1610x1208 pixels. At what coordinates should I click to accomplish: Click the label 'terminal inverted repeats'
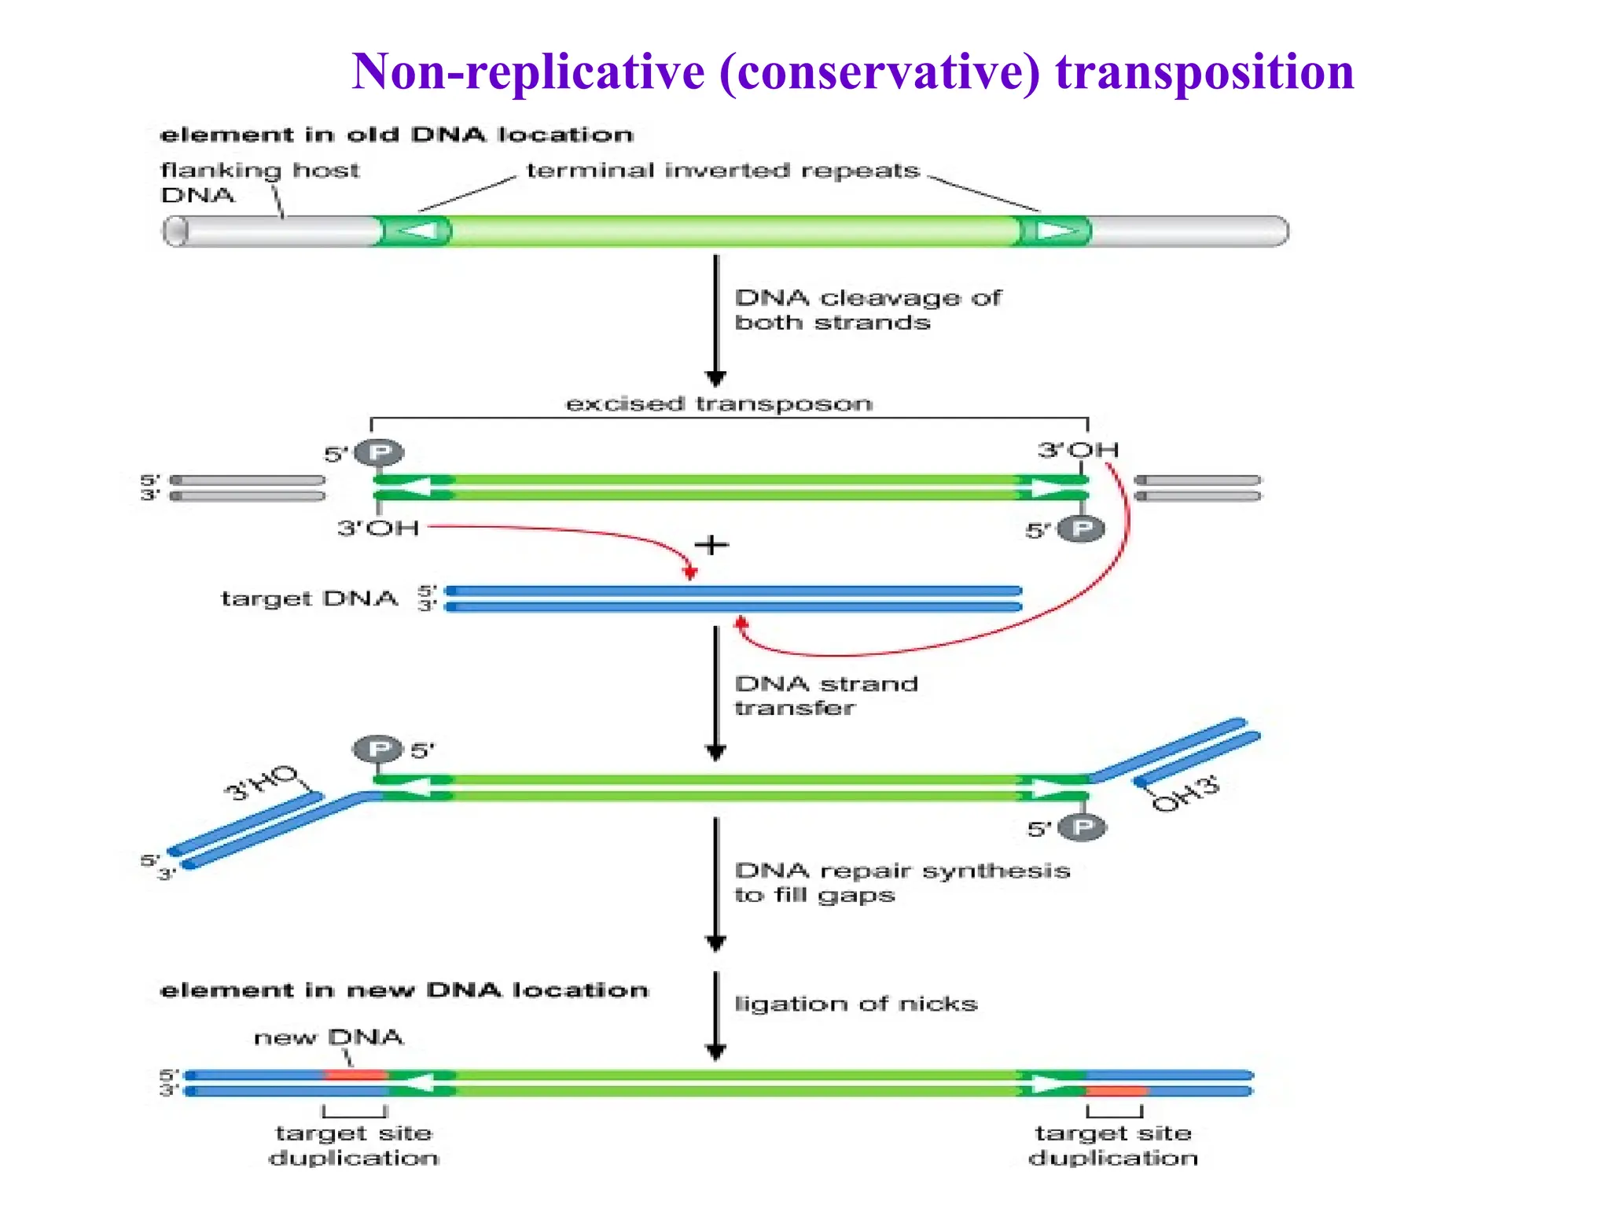(x=722, y=171)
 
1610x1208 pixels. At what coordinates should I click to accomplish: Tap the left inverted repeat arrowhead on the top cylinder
(x=417, y=231)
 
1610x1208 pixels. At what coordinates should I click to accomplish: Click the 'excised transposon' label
(x=719, y=404)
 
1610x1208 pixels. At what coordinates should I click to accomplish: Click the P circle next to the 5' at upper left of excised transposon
(x=380, y=452)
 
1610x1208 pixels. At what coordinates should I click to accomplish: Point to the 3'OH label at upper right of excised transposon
(x=1078, y=451)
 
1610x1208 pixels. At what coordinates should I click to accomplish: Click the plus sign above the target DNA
(x=711, y=545)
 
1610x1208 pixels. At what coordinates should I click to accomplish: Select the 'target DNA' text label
(x=309, y=598)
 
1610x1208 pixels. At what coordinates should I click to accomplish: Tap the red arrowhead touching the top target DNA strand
(x=690, y=573)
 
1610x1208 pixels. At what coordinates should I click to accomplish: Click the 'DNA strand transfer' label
(x=825, y=696)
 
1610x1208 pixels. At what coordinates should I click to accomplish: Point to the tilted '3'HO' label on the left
(x=262, y=782)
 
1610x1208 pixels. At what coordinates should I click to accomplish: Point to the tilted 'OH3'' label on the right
(x=1185, y=793)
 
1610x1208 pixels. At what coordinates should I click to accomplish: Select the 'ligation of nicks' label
(x=855, y=1004)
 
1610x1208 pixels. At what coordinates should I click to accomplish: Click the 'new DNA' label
(x=329, y=1037)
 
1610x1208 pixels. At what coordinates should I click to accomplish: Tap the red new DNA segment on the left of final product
(x=355, y=1075)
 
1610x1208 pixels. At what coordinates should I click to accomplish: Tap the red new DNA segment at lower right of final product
(x=1116, y=1092)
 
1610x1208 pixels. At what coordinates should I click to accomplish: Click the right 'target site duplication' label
(x=1113, y=1145)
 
